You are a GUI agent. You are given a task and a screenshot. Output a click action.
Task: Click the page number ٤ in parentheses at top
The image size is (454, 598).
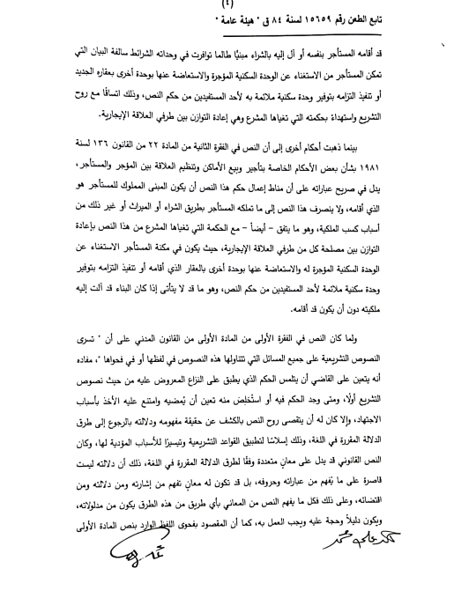point(227,11)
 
